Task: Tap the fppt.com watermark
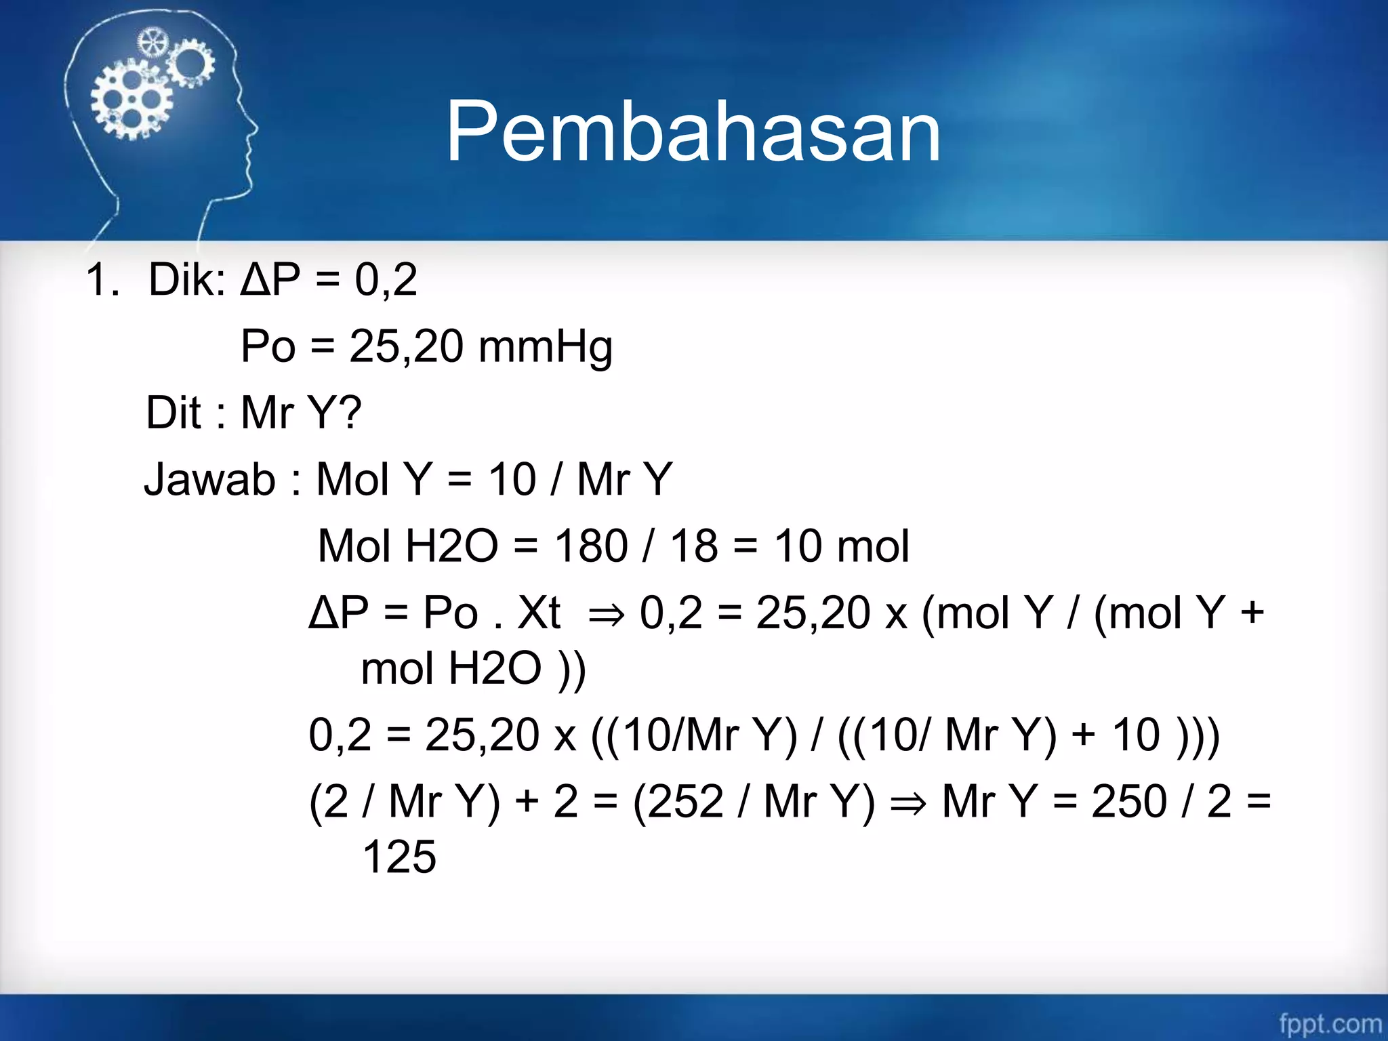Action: (1330, 1023)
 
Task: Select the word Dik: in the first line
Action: (187, 279)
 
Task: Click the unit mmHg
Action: (545, 347)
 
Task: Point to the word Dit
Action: (173, 412)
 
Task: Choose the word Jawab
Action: (209, 479)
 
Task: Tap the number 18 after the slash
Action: (693, 546)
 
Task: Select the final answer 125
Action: (399, 857)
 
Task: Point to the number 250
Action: (1128, 801)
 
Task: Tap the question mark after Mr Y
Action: (350, 412)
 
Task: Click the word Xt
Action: (539, 613)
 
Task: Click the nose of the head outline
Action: (255, 128)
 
